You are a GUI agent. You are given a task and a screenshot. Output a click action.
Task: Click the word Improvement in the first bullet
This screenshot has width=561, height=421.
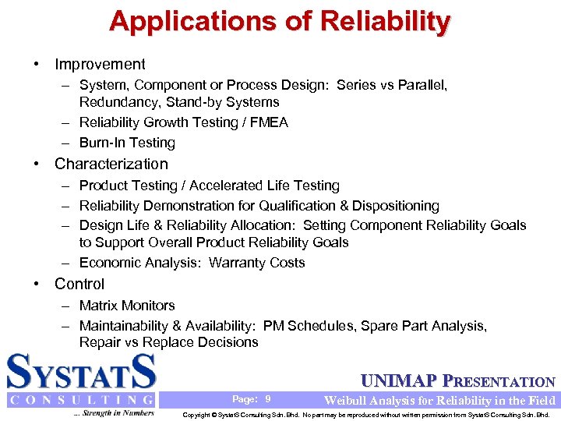coord(100,65)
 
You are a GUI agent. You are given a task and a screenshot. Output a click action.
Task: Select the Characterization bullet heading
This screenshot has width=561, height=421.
coord(111,165)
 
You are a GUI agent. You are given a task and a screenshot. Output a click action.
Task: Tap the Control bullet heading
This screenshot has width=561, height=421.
coord(79,285)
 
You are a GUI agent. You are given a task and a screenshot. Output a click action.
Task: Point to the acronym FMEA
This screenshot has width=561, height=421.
coord(270,122)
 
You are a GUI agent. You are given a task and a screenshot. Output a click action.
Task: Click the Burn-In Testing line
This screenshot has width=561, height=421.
coord(127,143)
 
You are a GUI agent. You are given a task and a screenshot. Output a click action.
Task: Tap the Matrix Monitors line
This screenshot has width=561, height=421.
coord(127,306)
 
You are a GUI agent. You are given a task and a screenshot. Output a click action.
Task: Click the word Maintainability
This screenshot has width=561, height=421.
coord(126,326)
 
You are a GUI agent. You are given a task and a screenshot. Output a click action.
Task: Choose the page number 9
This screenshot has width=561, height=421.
coord(268,399)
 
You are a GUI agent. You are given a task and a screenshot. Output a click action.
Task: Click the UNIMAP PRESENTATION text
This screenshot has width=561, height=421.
coord(458,381)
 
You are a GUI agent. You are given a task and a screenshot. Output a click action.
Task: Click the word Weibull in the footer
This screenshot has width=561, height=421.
coord(345,401)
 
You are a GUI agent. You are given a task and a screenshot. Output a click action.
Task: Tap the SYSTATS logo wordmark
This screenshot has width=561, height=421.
coord(82,373)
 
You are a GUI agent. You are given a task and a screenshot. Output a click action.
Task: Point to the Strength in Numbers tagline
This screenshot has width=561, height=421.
coord(115,412)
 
